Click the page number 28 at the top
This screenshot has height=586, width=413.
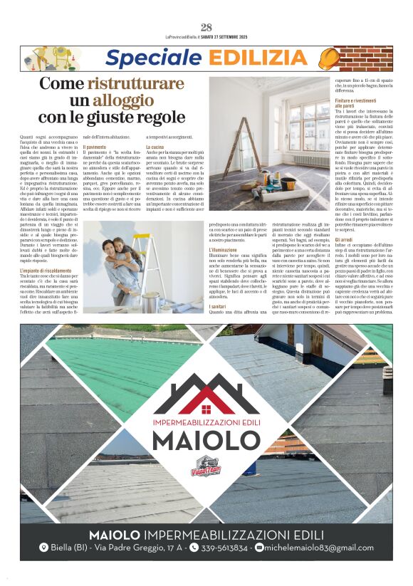click(x=206, y=28)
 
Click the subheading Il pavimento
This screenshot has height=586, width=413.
click(x=95, y=146)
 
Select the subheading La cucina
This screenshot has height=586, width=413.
click(x=155, y=146)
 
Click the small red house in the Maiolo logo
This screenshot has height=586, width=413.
click(x=206, y=409)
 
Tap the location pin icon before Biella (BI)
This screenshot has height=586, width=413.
click(x=44, y=548)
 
